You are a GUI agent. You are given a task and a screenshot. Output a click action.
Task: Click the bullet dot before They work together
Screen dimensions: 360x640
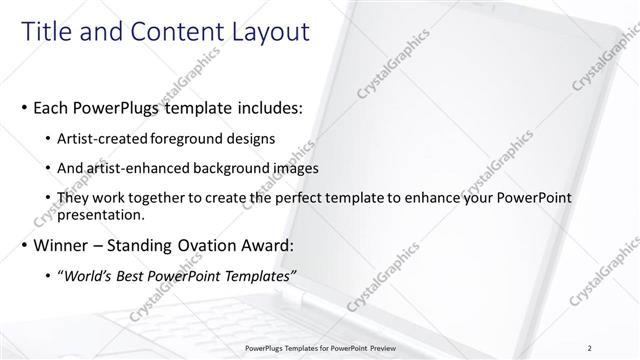(51, 199)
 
